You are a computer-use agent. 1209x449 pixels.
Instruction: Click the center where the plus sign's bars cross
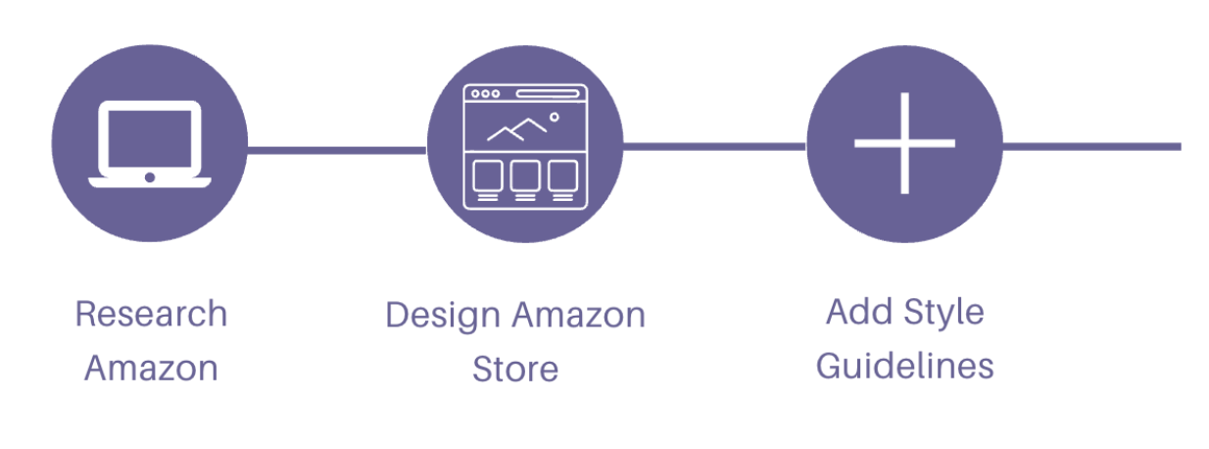pyautogui.click(x=904, y=144)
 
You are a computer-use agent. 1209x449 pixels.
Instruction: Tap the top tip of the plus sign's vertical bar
pyautogui.click(x=904, y=93)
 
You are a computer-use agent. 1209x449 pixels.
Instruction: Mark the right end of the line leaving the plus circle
pyautogui.click(x=1181, y=146)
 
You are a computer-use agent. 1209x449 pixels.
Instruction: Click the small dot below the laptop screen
pyautogui.click(x=150, y=177)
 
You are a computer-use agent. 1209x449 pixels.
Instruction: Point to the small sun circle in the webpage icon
pyautogui.click(x=554, y=117)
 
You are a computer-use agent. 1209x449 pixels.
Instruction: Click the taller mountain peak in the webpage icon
pyautogui.click(x=529, y=119)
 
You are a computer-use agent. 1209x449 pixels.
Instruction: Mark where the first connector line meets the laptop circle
pyautogui.click(x=248, y=150)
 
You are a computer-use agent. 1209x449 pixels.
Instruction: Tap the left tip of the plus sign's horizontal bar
pyautogui.click(x=855, y=144)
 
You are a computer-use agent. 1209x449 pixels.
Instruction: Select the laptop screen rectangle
pyautogui.click(x=150, y=139)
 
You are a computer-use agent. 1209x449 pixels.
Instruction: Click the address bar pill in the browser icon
pyautogui.click(x=548, y=93)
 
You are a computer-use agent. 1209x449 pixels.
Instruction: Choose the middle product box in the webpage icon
pyautogui.click(x=525, y=175)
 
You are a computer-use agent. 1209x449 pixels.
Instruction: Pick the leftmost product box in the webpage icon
pyautogui.click(x=488, y=175)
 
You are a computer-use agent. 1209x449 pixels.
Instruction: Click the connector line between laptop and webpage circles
pyautogui.click(x=337, y=150)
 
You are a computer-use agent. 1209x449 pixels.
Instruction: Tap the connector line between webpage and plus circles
pyautogui.click(x=714, y=146)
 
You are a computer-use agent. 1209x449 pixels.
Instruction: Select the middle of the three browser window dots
pyautogui.click(x=485, y=93)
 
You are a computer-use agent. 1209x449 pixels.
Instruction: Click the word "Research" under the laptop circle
pyautogui.click(x=151, y=314)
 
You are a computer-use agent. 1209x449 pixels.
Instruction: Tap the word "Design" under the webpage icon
pyautogui.click(x=443, y=316)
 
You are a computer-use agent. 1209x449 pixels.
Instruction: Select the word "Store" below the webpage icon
pyautogui.click(x=515, y=369)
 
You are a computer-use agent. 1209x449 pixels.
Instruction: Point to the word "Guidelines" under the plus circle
pyautogui.click(x=904, y=367)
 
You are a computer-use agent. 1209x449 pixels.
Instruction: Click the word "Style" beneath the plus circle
pyautogui.click(x=944, y=314)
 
